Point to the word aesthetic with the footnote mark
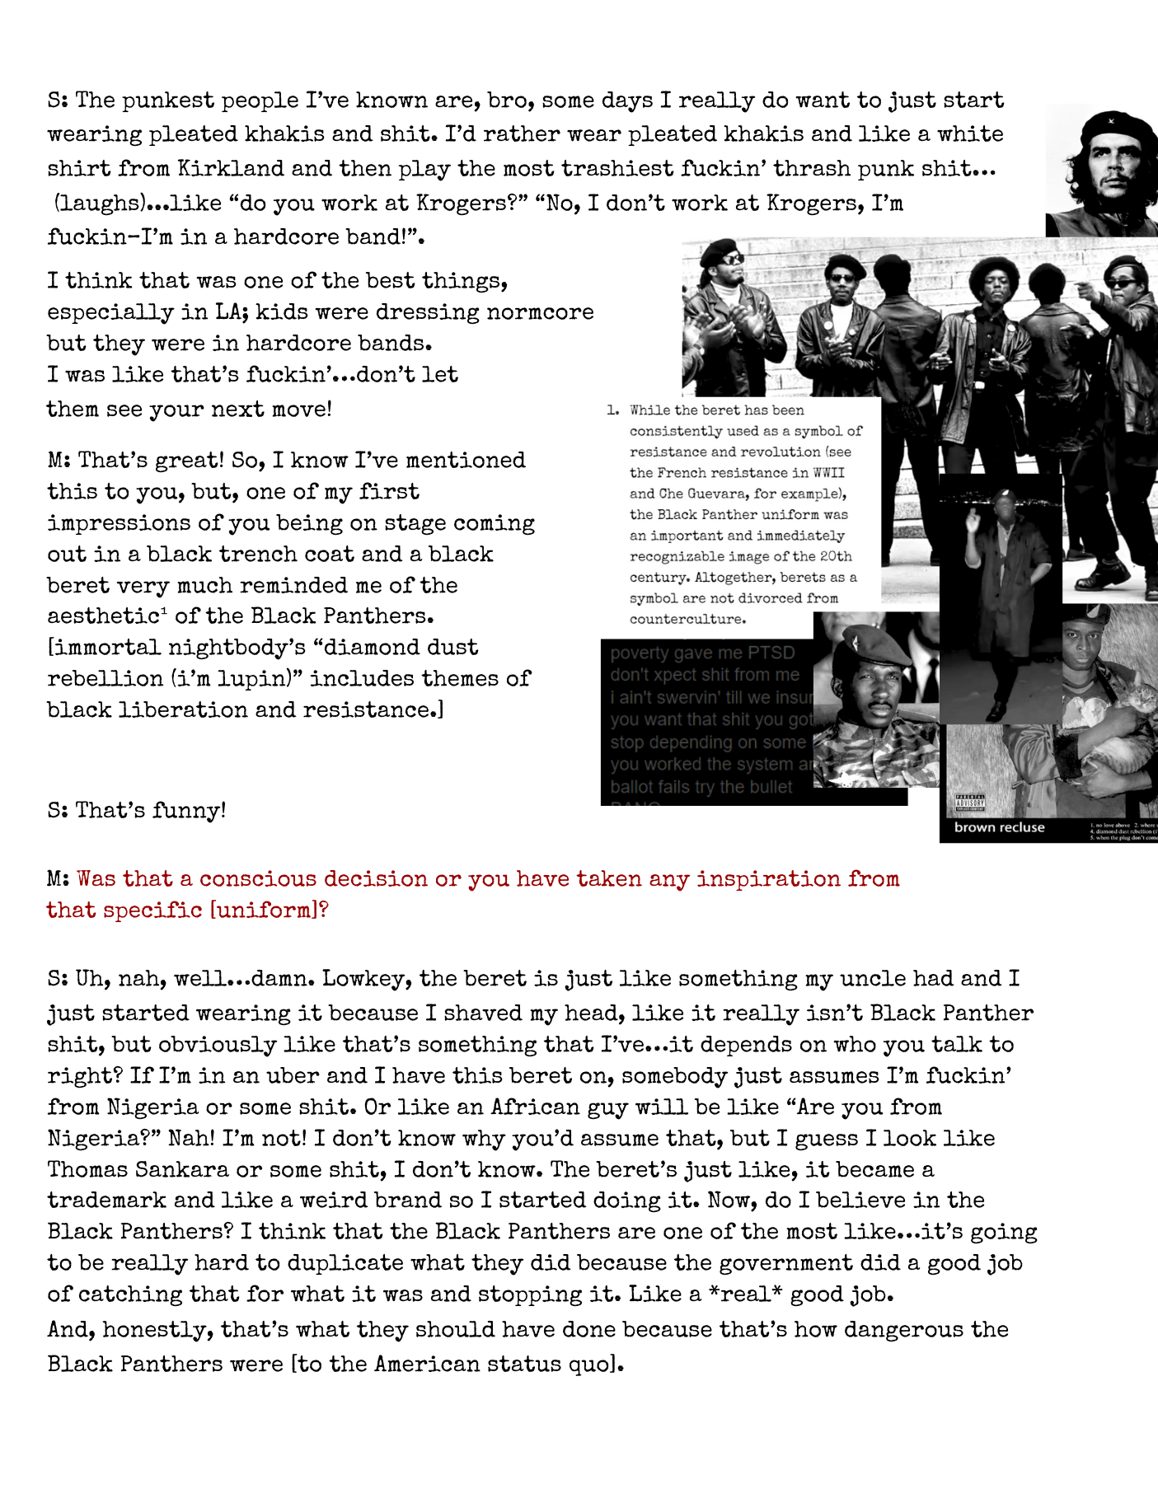(104, 616)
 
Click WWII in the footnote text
(827, 473)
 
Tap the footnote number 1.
(612, 410)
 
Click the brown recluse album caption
(999, 827)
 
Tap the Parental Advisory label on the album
(970, 803)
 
